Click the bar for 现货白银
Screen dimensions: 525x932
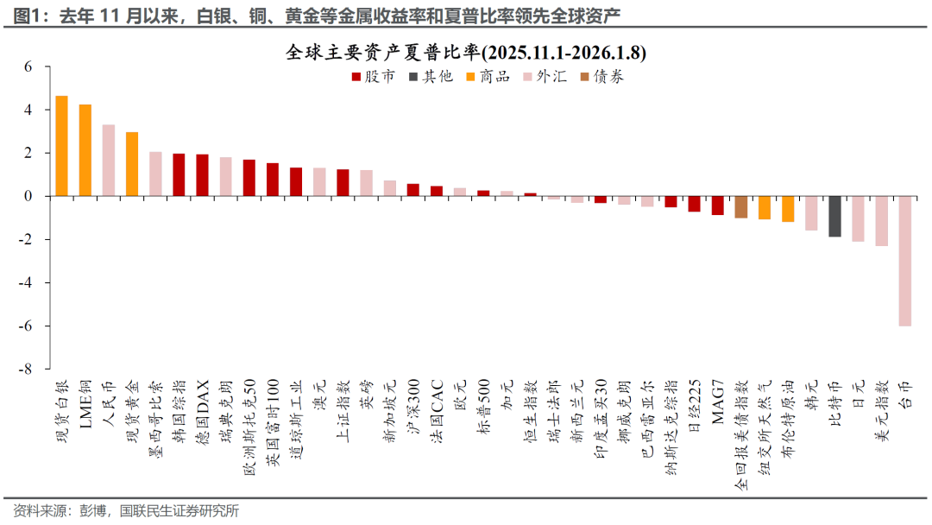pos(61,146)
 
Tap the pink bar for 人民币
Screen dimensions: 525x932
pos(109,161)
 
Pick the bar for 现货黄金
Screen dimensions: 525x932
pos(132,164)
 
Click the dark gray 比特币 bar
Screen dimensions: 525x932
pos(834,217)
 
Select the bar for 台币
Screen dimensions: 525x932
pos(904,261)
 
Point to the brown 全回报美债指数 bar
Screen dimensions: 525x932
pos(740,207)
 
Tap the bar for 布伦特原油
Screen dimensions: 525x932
pos(787,209)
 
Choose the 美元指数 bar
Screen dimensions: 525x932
pos(881,221)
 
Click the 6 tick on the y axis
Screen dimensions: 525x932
pos(28,66)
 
